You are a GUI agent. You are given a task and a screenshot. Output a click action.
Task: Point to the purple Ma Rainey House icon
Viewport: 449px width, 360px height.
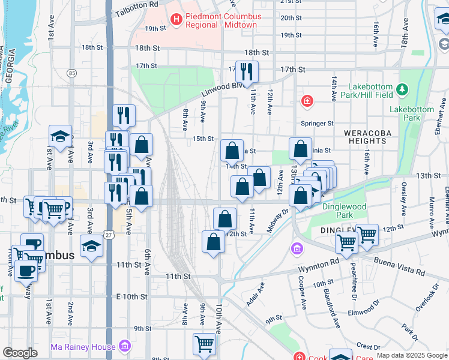pyautogui.click(x=125, y=346)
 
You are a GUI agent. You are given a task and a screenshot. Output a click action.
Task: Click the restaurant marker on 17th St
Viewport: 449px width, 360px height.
pyautogui.click(x=247, y=73)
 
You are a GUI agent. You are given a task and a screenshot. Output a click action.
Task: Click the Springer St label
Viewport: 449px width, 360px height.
pyautogui.click(x=321, y=124)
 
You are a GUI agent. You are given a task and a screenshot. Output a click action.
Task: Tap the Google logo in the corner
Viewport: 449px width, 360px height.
pyautogui.click(x=20, y=353)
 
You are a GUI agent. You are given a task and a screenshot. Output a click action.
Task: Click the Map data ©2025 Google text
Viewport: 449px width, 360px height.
pyautogui.click(x=412, y=355)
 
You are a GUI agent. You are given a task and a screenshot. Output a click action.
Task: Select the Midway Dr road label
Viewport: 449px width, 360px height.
pyautogui.click(x=278, y=220)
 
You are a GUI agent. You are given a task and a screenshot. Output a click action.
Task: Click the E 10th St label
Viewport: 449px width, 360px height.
pyautogui.click(x=131, y=297)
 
